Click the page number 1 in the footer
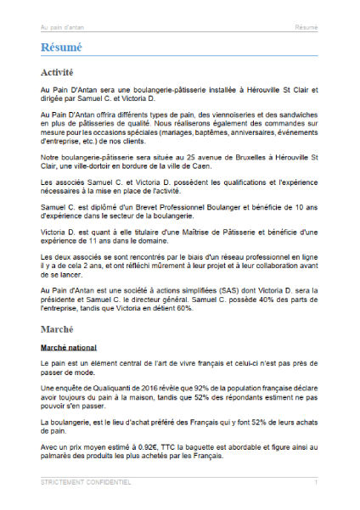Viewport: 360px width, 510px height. [316, 482]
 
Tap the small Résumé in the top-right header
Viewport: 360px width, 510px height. [307, 27]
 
